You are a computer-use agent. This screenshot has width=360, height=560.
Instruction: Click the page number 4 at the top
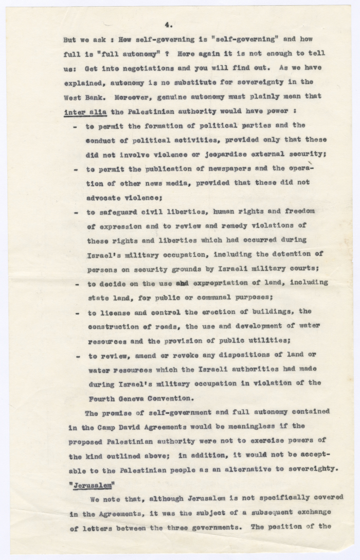click(x=167, y=24)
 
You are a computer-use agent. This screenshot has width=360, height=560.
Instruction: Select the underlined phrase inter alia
click(x=83, y=111)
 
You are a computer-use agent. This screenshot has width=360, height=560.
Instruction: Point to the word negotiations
click(x=142, y=67)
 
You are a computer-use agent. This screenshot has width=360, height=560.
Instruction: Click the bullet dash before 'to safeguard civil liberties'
click(x=76, y=211)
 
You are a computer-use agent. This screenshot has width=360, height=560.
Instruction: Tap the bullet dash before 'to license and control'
click(x=76, y=312)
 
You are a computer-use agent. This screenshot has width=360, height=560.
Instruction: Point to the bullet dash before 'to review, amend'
click(x=76, y=355)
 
